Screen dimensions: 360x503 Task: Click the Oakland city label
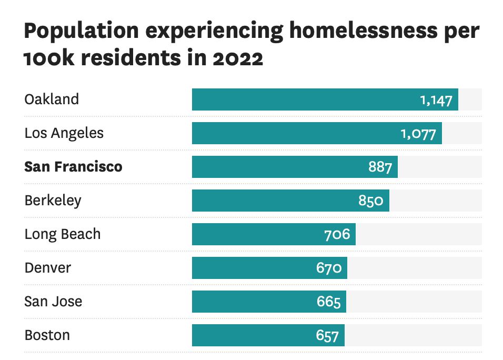pyautogui.click(x=52, y=99)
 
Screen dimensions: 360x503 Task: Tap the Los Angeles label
pyautogui.click(x=64, y=133)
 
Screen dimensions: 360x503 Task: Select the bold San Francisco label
pyautogui.click(x=73, y=167)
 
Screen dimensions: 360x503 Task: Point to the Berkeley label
pyautogui.click(x=53, y=201)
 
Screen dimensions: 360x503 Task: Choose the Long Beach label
pyautogui.click(x=62, y=234)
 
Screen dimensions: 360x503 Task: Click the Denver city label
pyautogui.click(x=47, y=268)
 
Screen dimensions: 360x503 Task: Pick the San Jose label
pyautogui.click(x=53, y=302)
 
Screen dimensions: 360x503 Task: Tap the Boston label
pyautogui.click(x=47, y=335)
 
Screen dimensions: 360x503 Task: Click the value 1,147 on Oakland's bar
pyautogui.click(x=436, y=100)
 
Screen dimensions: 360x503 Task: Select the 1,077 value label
pyautogui.click(x=418, y=134)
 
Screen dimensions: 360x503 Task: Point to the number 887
pyautogui.click(x=380, y=167)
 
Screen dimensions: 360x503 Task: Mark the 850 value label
pyautogui.click(x=371, y=201)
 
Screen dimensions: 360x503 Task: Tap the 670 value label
pyautogui.click(x=329, y=268)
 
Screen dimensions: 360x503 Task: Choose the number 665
pyautogui.click(x=328, y=302)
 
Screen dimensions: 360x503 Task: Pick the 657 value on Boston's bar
pyautogui.click(x=327, y=336)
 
